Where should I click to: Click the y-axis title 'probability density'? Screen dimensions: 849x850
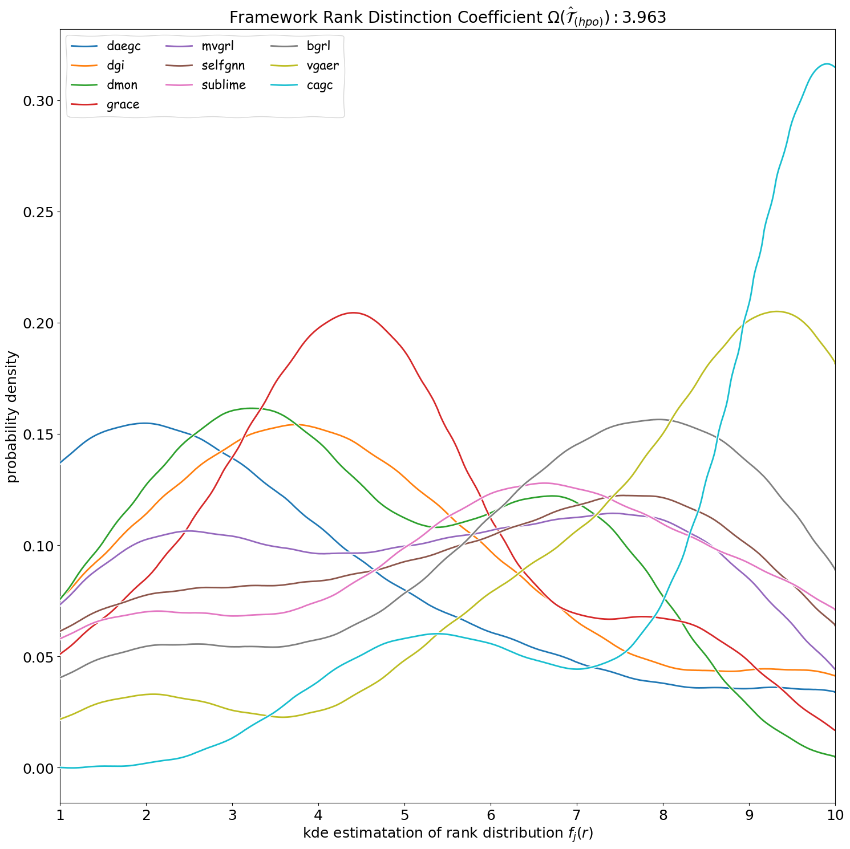point(13,417)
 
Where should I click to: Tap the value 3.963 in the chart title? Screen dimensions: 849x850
point(643,18)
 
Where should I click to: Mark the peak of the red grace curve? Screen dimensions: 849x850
point(354,312)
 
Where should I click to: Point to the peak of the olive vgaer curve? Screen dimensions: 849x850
point(776,311)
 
